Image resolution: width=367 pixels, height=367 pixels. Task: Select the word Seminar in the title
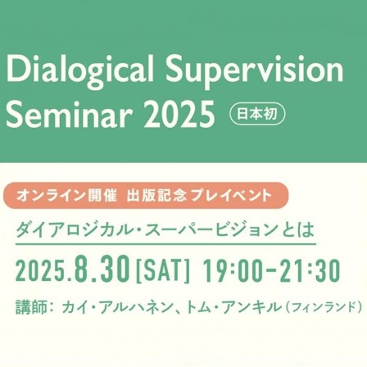(x=67, y=113)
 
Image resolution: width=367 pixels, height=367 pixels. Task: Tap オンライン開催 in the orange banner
(x=66, y=196)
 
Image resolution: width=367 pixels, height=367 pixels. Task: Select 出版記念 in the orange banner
(x=157, y=196)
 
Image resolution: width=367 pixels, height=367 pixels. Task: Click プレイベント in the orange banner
(x=231, y=196)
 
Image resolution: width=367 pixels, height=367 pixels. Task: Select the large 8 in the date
(x=79, y=269)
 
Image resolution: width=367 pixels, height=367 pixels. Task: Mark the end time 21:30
(x=313, y=270)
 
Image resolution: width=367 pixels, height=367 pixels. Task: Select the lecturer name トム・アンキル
(x=233, y=307)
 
